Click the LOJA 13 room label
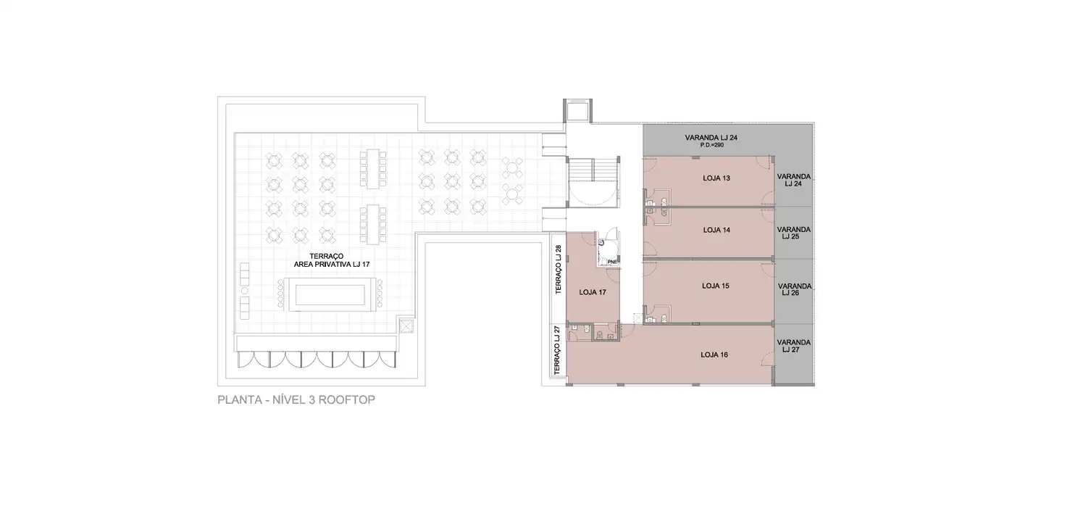point(716,178)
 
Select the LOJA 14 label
point(716,230)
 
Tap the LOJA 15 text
point(716,286)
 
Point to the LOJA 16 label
point(714,355)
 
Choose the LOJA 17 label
point(593,292)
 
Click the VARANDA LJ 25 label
point(793,233)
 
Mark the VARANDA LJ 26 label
point(794,289)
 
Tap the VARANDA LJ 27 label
point(793,346)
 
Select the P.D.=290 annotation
point(711,145)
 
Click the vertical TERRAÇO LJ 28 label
point(558,269)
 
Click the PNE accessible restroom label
point(611,262)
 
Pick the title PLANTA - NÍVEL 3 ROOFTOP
point(296,400)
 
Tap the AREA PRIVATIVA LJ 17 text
point(332,265)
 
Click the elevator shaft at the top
point(577,111)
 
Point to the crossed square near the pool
point(406,326)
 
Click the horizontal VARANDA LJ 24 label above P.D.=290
point(711,138)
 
